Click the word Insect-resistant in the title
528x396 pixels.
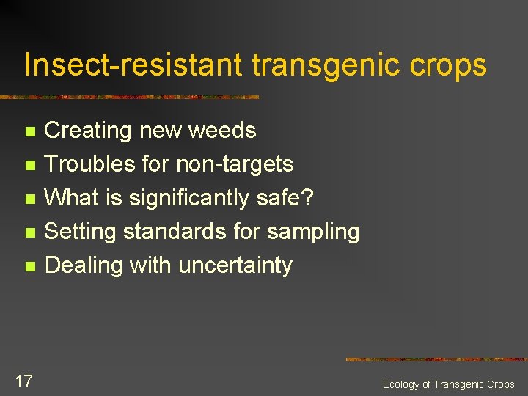point(133,65)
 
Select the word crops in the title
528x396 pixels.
point(449,65)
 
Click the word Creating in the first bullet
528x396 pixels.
point(89,131)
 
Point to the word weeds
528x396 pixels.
point(222,131)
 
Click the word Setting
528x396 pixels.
point(81,232)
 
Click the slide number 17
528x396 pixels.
point(23,381)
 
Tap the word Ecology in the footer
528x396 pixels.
point(401,385)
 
